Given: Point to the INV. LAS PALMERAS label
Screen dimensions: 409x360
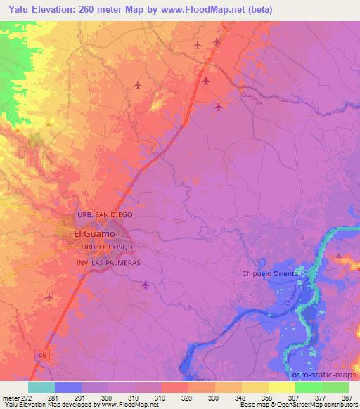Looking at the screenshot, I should click(109, 262).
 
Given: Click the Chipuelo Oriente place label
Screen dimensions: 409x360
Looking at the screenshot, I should click(271, 273).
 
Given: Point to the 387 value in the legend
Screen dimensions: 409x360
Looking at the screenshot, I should click(345, 398).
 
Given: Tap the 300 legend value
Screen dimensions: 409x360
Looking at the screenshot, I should click(106, 398).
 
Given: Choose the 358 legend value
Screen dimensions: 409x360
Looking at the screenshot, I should click(266, 398).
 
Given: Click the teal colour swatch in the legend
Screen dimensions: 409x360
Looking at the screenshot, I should click(41, 387).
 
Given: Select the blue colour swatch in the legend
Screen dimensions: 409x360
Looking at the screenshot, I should click(68, 387).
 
